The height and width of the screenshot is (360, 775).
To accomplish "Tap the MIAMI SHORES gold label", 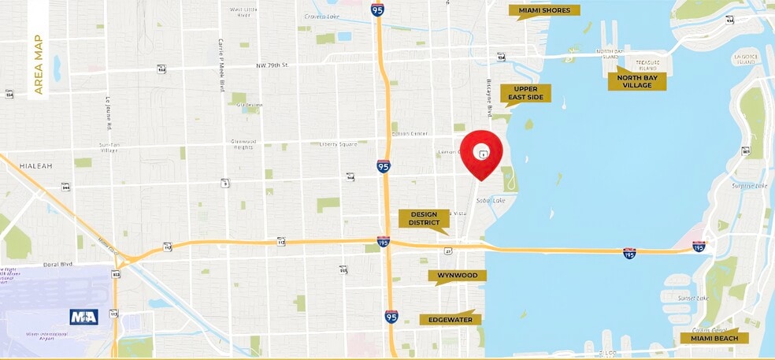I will point(544,10).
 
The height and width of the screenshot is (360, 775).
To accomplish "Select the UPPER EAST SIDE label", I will point(525,94).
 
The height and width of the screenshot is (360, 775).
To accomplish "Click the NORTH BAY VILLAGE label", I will point(636,81).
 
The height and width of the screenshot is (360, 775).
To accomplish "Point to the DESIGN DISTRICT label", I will point(424,218).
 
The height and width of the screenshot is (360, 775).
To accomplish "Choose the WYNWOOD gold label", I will point(457,276).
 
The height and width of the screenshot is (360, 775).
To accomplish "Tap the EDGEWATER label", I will point(450,319).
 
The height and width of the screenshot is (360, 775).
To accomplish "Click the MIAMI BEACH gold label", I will point(714,338).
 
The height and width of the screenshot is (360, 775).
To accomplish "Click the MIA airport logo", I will point(83,317).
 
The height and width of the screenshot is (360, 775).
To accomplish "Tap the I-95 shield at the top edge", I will point(377,9).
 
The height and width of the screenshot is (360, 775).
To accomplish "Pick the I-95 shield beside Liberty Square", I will point(383,166).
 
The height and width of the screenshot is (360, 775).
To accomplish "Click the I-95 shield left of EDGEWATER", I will point(391,317).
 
